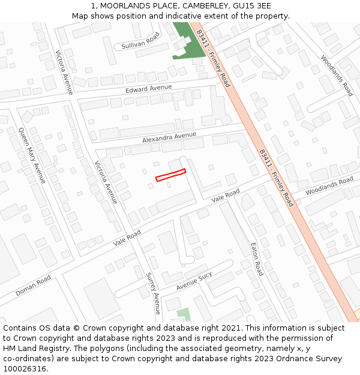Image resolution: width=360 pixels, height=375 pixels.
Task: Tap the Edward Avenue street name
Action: tap(148, 89)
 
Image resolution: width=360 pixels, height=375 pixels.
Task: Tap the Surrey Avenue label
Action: tap(153, 293)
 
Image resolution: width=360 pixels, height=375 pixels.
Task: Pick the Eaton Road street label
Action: tap(256, 258)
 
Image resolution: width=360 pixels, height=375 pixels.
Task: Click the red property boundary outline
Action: tap(170, 175)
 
